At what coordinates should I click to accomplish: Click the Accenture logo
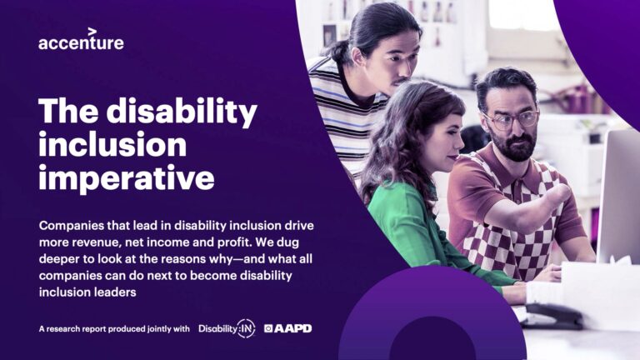point(81,41)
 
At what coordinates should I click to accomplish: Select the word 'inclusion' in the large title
point(112,144)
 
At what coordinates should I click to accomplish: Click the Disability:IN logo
point(226,328)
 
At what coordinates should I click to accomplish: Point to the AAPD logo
point(287,328)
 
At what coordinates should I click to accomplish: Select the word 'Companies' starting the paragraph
point(73,226)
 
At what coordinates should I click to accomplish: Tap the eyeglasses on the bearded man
point(511,119)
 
